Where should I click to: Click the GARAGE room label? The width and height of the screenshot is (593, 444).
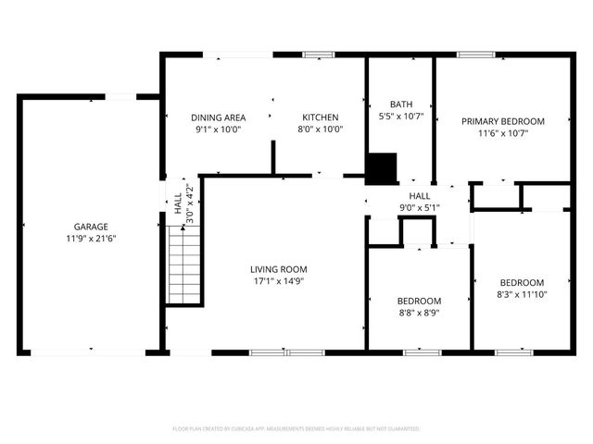pos(91,227)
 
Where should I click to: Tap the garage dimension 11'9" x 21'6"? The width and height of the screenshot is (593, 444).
pos(91,239)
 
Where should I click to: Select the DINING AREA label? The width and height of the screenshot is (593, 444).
pos(218,117)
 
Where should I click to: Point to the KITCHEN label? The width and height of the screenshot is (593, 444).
pos(320,117)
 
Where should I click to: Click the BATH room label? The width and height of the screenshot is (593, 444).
pos(400,105)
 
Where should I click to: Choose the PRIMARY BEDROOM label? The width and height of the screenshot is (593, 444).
pos(503,121)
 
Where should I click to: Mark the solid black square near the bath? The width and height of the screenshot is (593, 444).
pos(380,168)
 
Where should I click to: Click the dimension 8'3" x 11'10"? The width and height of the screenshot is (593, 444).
pos(523,294)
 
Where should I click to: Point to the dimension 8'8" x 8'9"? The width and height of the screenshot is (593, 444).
pos(419,313)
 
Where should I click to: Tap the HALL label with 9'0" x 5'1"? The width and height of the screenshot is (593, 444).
pos(420,196)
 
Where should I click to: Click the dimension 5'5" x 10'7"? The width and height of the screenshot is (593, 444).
pos(400,117)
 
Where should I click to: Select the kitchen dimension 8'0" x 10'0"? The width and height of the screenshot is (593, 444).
pos(320,129)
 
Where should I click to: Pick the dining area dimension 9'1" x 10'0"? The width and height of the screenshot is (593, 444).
pos(218,129)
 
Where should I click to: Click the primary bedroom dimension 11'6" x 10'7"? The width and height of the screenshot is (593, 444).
pos(503,133)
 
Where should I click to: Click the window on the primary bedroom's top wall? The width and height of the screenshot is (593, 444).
pos(475,55)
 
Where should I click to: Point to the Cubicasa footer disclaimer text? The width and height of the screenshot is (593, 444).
pos(296,429)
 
